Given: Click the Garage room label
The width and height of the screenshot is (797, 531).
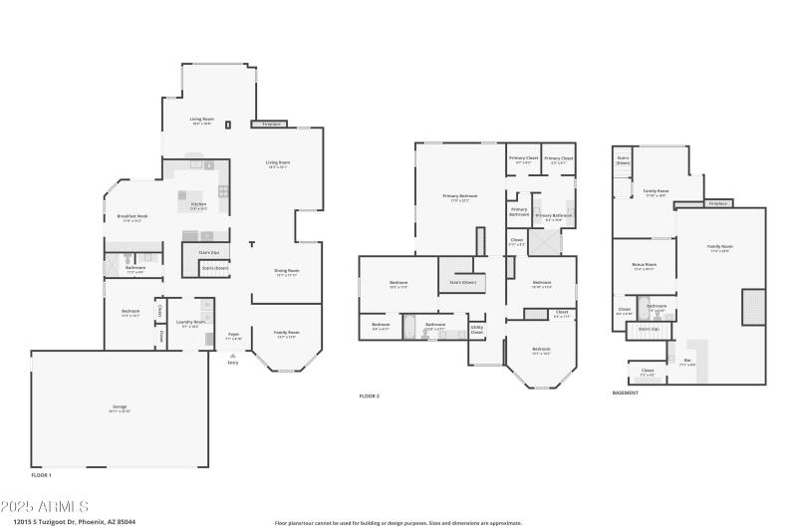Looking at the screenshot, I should [x=120, y=407].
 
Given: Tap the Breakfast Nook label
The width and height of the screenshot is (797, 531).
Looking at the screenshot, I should [x=133, y=217].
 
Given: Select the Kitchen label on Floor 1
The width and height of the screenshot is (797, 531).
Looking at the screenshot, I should [x=199, y=204].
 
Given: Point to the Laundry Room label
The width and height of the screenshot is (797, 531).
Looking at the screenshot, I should [x=190, y=322].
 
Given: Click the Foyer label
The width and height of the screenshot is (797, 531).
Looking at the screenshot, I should [x=233, y=335].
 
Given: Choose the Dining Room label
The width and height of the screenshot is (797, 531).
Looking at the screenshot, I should [x=287, y=271].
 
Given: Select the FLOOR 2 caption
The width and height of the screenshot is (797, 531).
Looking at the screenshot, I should [x=370, y=397].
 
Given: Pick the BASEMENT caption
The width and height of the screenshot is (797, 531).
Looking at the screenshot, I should [x=626, y=394].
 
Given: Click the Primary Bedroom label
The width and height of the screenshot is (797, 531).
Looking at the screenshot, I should [x=460, y=196].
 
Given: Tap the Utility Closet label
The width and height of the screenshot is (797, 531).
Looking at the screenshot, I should [x=477, y=328].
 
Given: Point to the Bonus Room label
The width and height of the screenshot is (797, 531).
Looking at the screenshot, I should [x=644, y=265].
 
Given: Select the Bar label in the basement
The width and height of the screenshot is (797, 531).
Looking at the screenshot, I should [x=687, y=361].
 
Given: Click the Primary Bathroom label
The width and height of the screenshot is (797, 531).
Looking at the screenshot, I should [x=554, y=215].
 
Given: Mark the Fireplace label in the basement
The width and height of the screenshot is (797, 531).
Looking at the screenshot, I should [x=716, y=203].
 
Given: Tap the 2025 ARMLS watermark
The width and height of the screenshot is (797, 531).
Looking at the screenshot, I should [x=47, y=507].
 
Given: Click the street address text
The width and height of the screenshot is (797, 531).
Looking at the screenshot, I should [x=74, y=522].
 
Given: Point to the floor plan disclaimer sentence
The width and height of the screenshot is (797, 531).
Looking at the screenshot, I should [x=398, y=522].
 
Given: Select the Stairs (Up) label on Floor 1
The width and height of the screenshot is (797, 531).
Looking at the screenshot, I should [x=209, y=253].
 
